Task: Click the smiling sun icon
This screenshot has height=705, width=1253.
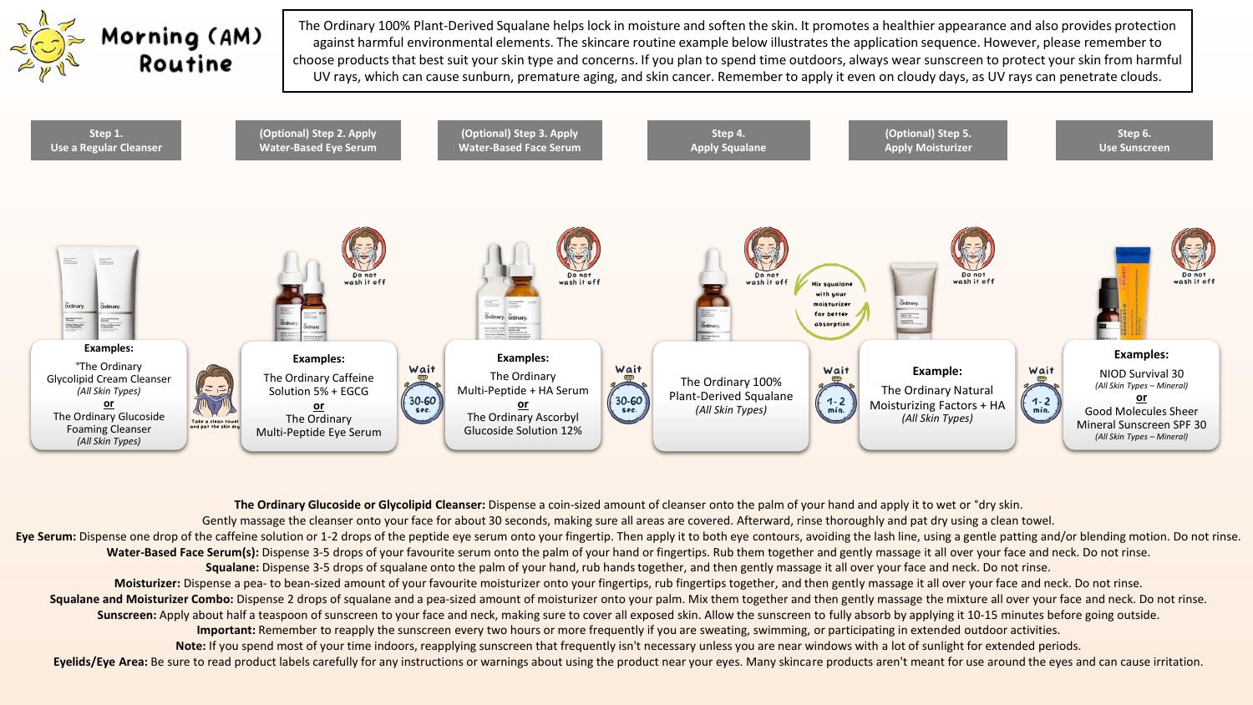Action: [48, 47]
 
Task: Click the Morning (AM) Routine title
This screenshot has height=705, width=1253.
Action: [181, 50]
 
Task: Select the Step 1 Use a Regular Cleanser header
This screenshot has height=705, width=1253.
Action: [106, 140]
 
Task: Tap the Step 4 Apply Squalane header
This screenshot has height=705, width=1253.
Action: [728, 140]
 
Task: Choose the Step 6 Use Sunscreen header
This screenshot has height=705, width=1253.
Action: [1134, 140]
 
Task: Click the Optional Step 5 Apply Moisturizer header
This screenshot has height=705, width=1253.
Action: [927, 140]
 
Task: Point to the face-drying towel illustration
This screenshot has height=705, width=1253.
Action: [215, 393]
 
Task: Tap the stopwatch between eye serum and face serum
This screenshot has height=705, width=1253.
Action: [422, 403]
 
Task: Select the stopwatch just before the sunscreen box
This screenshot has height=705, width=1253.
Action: [1041, 405]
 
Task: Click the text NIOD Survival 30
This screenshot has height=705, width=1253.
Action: [1141, 373]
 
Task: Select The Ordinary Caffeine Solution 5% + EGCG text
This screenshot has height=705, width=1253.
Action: [318, 384]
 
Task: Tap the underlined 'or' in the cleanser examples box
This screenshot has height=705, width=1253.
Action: [109, 403]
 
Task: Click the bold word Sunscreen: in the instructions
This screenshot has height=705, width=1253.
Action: [126, 615]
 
